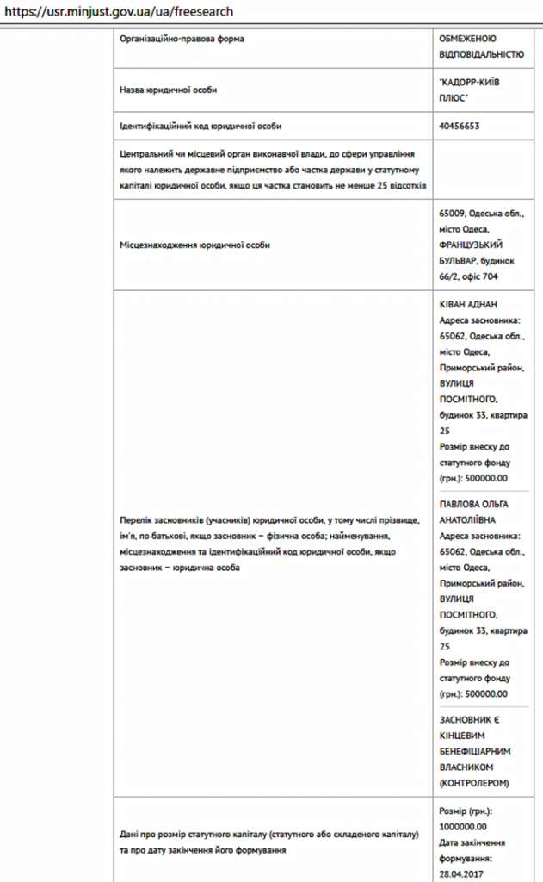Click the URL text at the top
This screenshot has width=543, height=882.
[x=119, y=12]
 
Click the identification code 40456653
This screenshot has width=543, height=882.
[x=460, y=126]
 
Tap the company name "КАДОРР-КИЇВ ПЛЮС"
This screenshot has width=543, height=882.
[x=468, y=89]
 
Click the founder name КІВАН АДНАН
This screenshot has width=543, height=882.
[x=468, y=304]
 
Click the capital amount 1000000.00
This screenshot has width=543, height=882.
[x=463, y=826]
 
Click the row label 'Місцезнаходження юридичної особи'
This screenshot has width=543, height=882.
[x=194, y=245]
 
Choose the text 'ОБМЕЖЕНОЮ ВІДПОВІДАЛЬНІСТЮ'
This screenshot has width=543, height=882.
[x=480, y=47]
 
